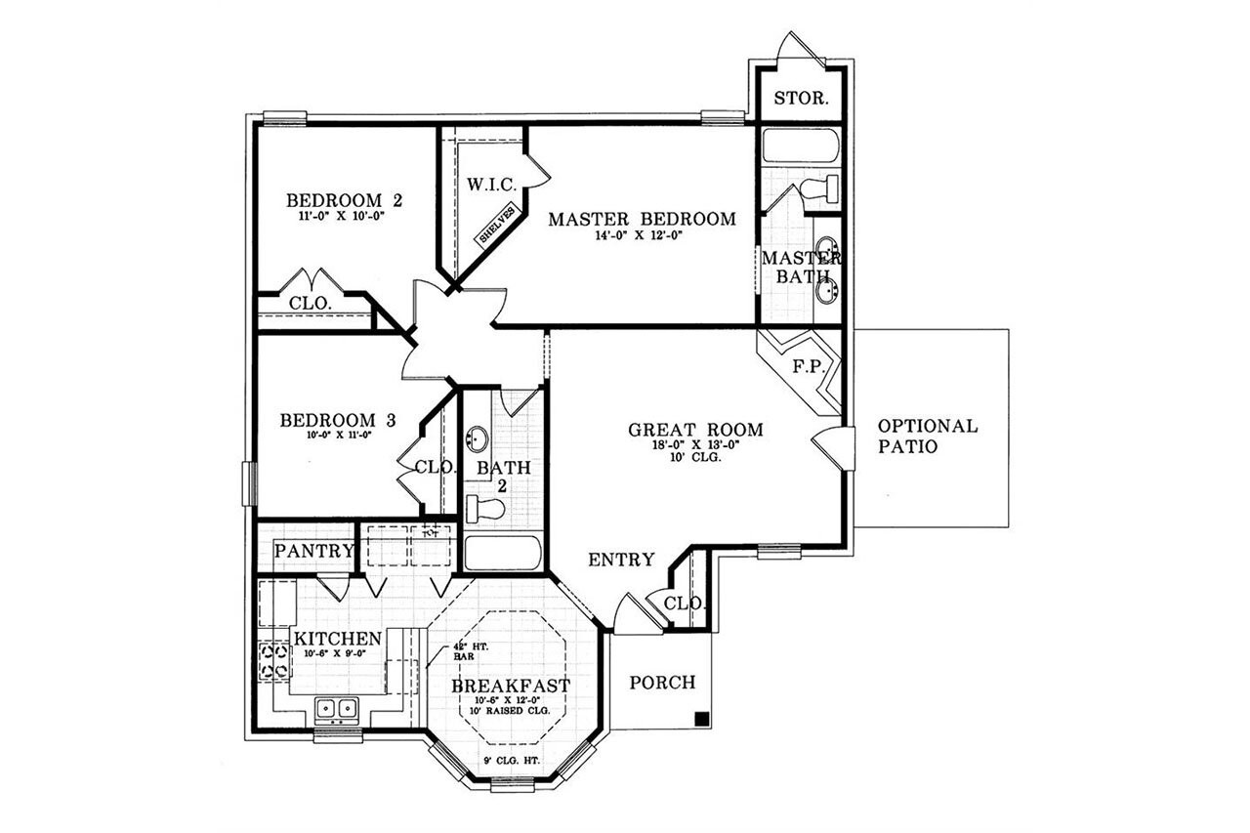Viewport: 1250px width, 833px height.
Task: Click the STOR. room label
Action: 802,99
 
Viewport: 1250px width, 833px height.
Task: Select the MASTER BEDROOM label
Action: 642,219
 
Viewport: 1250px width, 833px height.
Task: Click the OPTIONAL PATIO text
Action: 927,437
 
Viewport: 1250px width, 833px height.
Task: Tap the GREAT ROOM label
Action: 695,429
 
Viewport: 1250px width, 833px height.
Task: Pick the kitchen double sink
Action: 336,708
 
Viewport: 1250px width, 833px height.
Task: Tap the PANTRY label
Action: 312,551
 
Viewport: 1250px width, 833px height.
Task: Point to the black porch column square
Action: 701,720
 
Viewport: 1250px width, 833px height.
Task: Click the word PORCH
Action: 661,682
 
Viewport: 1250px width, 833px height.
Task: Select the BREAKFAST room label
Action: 510,686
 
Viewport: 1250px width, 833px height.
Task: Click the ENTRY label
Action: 620,560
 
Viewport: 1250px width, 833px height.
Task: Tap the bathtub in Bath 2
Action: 503,553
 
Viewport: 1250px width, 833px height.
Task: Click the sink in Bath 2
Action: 479,437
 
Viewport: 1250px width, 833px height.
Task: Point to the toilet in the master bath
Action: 819,187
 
